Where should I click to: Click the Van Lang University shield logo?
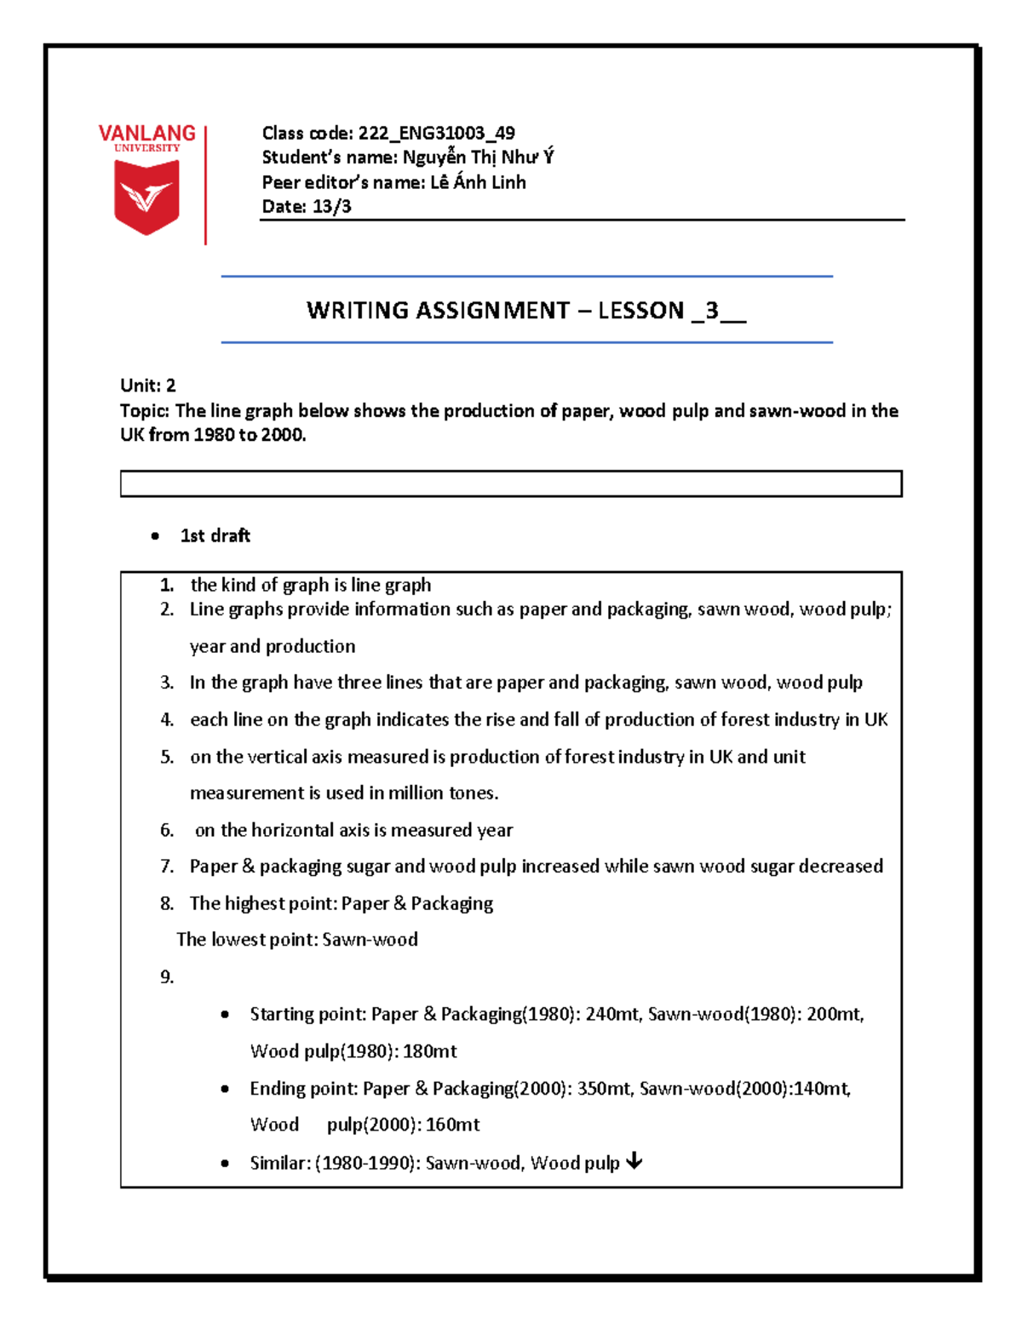click(x=146, y=197)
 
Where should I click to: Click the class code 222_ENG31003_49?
click(x=436, y=133)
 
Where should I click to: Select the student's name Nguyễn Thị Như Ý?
click(x=478, y=157)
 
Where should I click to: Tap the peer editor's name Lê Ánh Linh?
click(x=478, y=182)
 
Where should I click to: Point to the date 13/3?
click(x=332, y=207)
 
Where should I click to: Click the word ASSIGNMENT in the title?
click(x=492, y=311)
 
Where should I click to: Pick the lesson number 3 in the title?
click(x=711, y=311)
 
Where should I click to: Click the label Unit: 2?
click(x=148, y=386)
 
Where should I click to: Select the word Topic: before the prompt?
click(x=145, y=411)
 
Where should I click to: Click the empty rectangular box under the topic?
click(x=511, y=484)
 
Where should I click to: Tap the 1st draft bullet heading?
click(x=215, y=535)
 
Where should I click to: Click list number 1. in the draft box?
click(x=167, y=586)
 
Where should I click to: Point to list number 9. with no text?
click(x=167, y=977)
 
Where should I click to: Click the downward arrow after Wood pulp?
click(x=634, y=1161)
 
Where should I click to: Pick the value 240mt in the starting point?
click(x=612, y=1015)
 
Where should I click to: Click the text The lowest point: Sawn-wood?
click(x=297, y=940)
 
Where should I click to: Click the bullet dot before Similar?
click(x=225, y=1164)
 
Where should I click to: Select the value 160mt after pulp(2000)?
click(x=452, y=1125)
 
